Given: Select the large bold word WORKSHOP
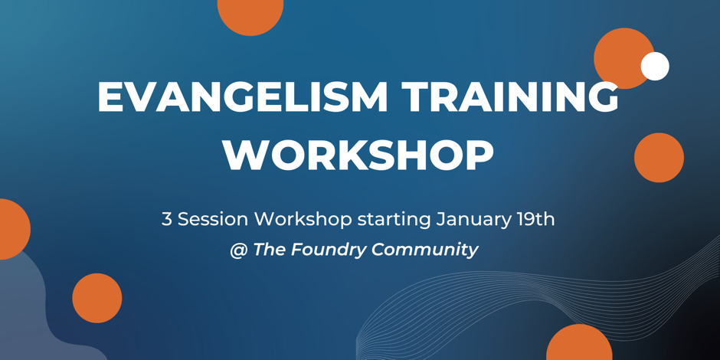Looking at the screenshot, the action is click(358, 155).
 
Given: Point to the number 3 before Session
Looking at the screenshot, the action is click(166, 220).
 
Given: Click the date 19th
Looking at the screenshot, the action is click(533, 220).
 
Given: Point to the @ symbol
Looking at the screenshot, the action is click(239, 250).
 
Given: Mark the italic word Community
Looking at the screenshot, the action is click(425, 250).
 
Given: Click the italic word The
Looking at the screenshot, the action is click(270, 250).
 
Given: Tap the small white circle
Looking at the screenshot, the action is click(655, 66).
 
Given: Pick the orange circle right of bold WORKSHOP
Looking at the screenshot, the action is click(659, 158).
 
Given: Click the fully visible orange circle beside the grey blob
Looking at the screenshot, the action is click(97, 298).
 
